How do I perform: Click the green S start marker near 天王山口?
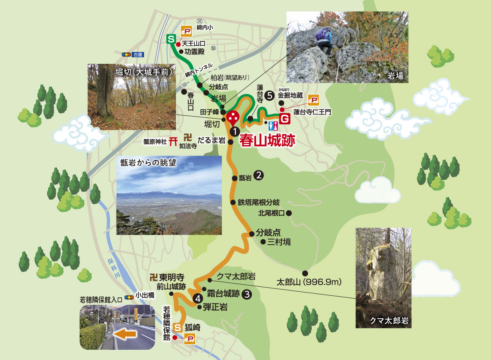[x=171, y=39]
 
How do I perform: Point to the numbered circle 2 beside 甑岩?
[x=259, y=175]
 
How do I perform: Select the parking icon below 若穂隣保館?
[x=189, y=338]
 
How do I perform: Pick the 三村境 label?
[x=279, y=242]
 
